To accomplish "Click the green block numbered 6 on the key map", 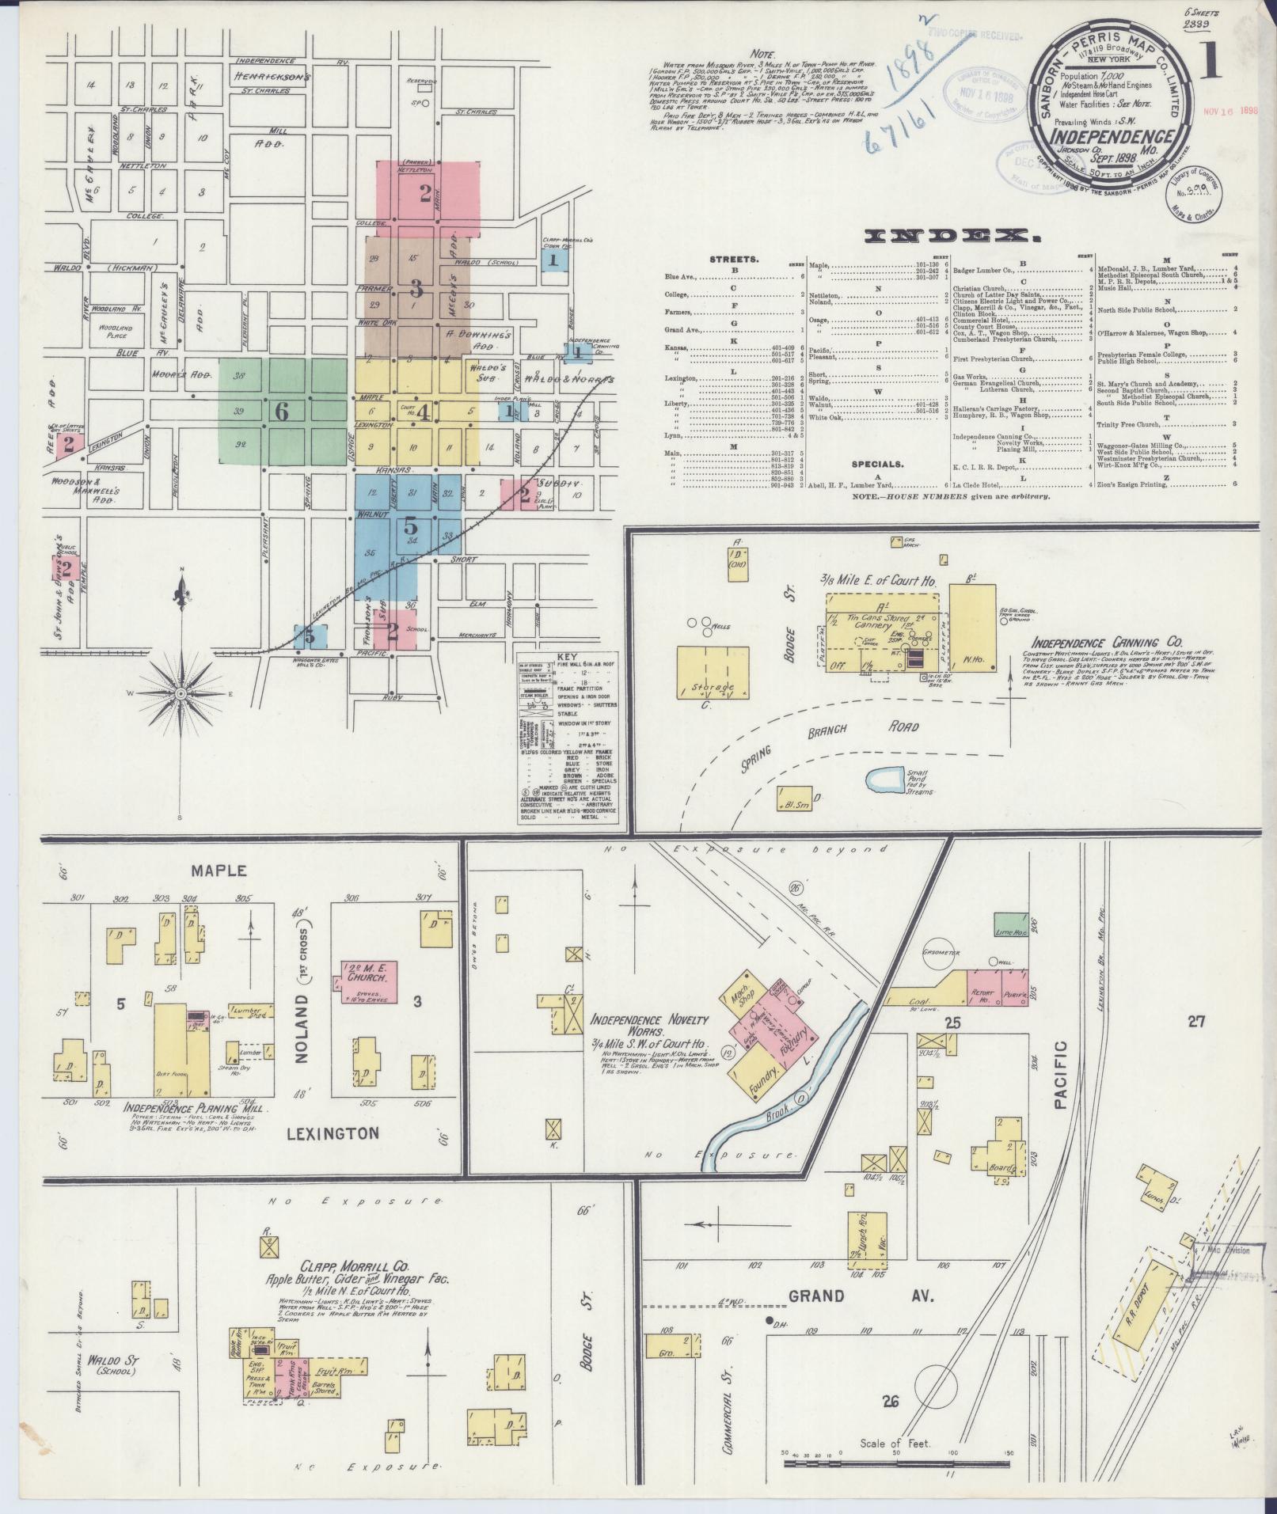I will pos(282,411).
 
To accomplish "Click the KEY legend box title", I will pos(568,657).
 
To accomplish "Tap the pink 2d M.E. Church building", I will pos(369,982).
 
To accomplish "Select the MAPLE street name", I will pos(219,871).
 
